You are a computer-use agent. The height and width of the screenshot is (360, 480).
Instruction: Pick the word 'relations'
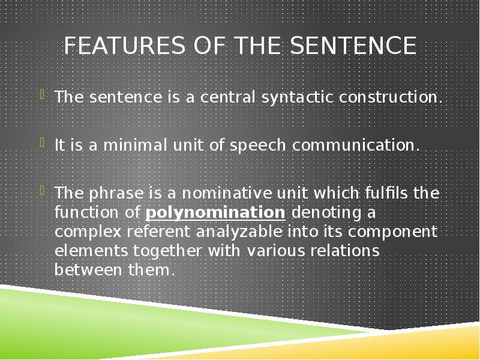[x=345, y=251]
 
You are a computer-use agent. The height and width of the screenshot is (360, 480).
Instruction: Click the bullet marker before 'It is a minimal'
[x=42, y=142]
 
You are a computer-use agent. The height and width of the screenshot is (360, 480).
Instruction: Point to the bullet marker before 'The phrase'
[x=42, y=191]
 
